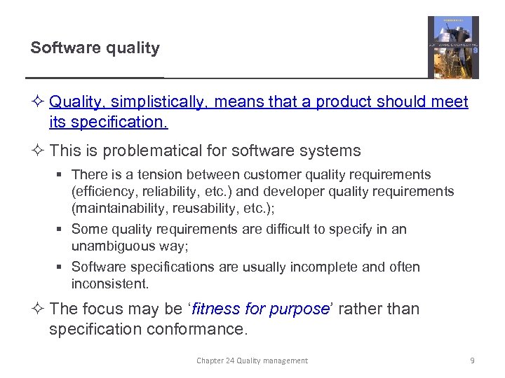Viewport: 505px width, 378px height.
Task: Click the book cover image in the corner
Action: click(x=453, y=47)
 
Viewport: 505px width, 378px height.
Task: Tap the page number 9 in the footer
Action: click(x=472, y=360)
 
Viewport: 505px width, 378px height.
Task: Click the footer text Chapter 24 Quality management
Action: click(x=252, y=360)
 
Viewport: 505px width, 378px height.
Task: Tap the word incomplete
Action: click(x=325, y=267)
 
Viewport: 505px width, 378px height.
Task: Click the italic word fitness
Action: click(x=215, y=309)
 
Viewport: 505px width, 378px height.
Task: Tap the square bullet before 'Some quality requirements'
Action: click(x=62, y=230)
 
